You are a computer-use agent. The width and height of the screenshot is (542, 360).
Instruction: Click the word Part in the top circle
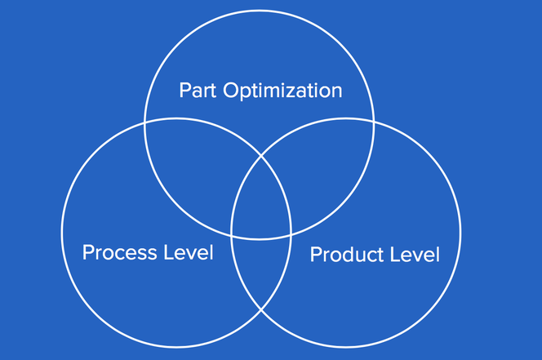tap(198, 91)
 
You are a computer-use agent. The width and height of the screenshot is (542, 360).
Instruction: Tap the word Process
tap(120, 252)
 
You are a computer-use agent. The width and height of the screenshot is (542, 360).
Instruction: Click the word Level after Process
tap(189, 252)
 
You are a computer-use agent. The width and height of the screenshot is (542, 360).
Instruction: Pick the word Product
tap(348, 255)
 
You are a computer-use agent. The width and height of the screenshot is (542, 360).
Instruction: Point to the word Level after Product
tap(415, 255)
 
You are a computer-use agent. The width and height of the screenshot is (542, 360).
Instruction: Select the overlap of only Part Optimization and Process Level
tap(197, 166)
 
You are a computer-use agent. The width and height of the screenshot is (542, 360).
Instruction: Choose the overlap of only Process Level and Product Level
tap(261, 269)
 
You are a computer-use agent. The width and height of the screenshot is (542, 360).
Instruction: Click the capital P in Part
tap(185, 91)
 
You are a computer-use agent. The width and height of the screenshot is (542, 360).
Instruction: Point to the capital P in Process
tap(88, 252)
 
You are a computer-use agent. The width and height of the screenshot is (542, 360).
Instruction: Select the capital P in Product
tap(316, 255)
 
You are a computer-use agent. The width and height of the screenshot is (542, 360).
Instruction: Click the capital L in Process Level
tap(169, 252)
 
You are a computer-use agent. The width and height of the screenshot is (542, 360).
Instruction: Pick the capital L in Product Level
tap(395, 255)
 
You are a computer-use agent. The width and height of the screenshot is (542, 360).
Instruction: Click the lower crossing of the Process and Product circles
tap(261, 309)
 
